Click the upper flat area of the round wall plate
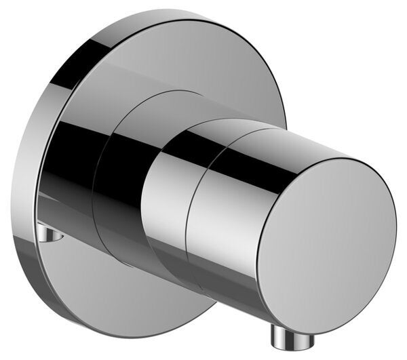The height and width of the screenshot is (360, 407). point(197,61)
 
